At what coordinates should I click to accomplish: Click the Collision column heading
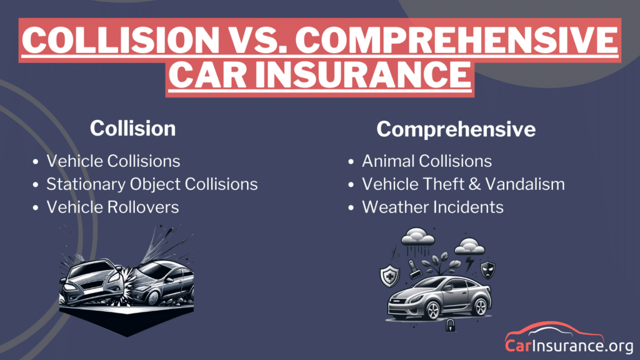[x=132, y=128]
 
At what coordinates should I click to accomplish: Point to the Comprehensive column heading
[x=456, y=129]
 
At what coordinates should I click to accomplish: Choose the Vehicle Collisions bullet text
[x=113, y=161]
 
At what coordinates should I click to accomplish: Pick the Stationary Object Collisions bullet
[x=152, y=184]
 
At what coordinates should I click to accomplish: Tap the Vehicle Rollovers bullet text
[x=112, y=207]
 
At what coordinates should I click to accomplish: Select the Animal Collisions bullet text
[x=427, y=161]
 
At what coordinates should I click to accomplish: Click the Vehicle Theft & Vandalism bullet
[x=463, y=184]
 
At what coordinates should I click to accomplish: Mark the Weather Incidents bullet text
[x=432, y=207]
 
